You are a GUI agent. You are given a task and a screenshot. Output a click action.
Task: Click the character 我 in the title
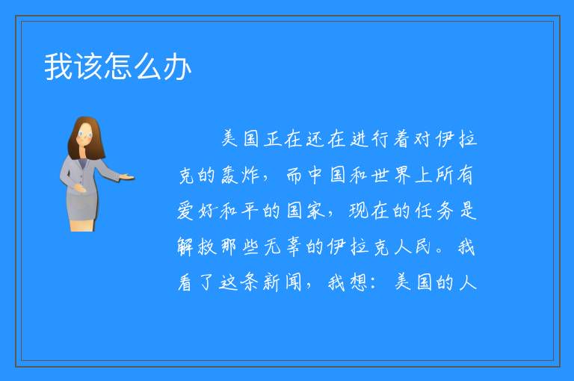click(58, 66)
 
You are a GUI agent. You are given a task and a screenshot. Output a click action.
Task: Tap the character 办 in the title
click(177, 66)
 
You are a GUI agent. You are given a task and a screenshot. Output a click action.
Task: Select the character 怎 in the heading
click(117, 66)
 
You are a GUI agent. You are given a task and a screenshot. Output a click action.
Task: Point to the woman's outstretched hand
click(127, 178)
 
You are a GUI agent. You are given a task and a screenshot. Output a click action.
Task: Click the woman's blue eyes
click(85, 134)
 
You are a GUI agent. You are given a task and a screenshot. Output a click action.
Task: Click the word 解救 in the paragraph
click(197, 247)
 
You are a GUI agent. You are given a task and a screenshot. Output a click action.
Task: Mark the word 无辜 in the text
click(283, 247)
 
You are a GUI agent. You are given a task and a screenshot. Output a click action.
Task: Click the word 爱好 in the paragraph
click(197, 211)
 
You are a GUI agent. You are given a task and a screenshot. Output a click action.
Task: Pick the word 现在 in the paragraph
click(369, 211)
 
